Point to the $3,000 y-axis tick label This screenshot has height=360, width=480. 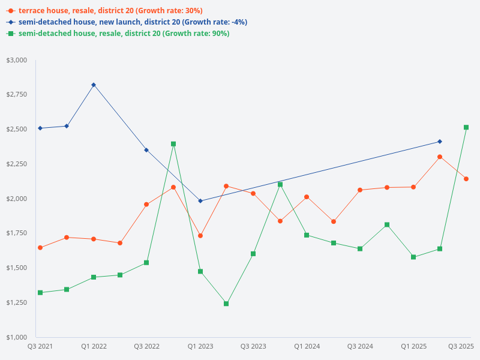click(17, 60)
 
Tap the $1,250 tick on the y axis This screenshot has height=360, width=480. click(17, 302)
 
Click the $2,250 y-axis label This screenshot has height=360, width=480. click(17, 164)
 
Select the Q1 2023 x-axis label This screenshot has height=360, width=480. click(200, 346)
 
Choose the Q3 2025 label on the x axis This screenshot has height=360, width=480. click(461, 346)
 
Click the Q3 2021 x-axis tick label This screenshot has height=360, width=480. click(40, 346)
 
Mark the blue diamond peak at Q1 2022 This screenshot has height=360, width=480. click(94, 85)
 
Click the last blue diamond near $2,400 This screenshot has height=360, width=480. click(440, 142)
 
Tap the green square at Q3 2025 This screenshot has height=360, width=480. click(466, 127)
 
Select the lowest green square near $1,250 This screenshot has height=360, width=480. click(226, 304)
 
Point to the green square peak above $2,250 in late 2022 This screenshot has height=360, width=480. click(173, 144)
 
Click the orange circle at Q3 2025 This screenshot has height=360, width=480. click(466, 179)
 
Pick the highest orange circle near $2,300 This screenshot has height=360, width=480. click(440, 157)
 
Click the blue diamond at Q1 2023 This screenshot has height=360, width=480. click(200, 201)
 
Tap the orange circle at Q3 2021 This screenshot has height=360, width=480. click(40, 248)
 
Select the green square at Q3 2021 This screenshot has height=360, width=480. click(40, 293)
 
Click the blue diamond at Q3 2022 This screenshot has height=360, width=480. click(146, 150)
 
